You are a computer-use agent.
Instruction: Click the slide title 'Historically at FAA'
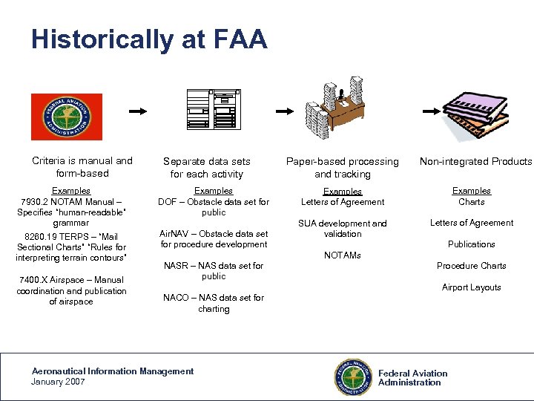pyautogui.click(x=149, y=39)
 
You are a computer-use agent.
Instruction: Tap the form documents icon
pyautogui.click(x=211, y=109)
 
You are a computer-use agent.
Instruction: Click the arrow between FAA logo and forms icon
pyautogui.click(x=138, y=111)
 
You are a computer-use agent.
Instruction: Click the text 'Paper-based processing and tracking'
pyautogui.click(x=343, y=167)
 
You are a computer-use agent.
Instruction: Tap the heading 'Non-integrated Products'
pyautogui.click(x=475, y=161)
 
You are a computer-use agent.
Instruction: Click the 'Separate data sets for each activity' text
pyautogui.click(x=207, y=167)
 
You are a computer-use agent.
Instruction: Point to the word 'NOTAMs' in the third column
pyautogui.click(x=343, y=255)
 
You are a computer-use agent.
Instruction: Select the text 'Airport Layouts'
pyautogui.click(x=472, y=287)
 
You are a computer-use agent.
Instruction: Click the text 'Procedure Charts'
pyautogui.click(x=472, y=266)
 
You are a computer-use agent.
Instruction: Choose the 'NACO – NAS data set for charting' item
pyautogui.click(x=214, y=303)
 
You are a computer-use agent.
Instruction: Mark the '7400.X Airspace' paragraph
pyautogui.click(x=72, y=290)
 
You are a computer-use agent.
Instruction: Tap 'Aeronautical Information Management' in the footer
pyautogui.click(x=112, y=371)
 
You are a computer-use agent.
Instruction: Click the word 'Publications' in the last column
pyautogui.click(x=472, y=244)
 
